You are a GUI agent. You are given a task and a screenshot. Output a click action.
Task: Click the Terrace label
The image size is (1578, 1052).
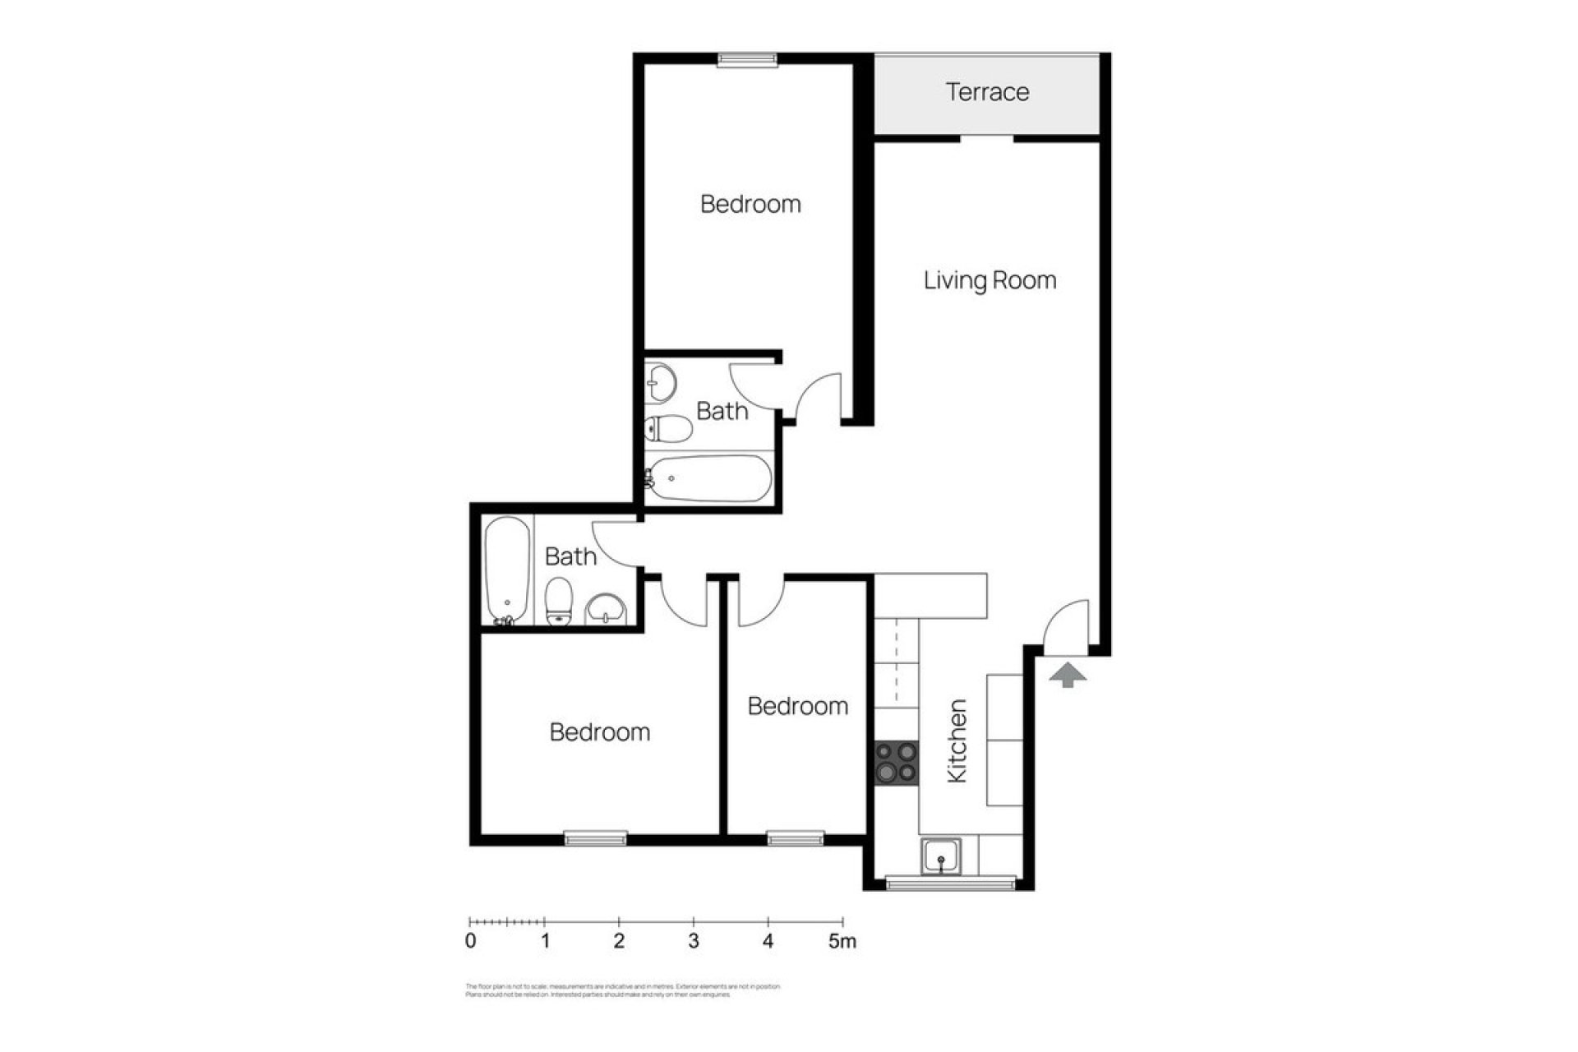click(986, 92)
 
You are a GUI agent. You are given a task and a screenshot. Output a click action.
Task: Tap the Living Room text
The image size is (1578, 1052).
click(990, 280)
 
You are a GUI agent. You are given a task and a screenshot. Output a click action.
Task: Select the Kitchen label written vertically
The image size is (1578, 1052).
click(957, 741)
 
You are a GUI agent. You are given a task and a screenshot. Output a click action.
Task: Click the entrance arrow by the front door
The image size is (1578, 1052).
click(1068, 676)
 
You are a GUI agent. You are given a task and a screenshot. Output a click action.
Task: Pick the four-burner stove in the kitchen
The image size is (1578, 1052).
click(896, 763)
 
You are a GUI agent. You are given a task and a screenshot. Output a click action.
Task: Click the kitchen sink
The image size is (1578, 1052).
click(941, 856)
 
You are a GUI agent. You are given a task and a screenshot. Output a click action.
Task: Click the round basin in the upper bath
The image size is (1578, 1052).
click(660, 381)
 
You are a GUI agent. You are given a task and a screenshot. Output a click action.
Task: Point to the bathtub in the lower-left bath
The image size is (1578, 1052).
click(506, 570)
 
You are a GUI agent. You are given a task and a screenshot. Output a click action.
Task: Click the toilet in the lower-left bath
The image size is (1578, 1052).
click(559, 601)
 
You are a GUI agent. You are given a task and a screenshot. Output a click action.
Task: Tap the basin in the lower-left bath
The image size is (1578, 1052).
click(606, 610)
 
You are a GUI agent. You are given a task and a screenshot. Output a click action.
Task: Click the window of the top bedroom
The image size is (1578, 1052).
click(746, 59)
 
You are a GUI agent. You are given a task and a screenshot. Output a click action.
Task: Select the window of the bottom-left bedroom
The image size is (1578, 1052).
click(595, 838)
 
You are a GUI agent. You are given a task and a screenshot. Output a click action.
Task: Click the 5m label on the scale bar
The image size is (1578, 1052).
click(842, 941)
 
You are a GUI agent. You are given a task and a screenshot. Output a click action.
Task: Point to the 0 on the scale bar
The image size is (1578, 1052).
click(470, 941)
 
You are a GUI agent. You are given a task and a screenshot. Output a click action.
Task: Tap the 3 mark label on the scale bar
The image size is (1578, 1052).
click(694, 941)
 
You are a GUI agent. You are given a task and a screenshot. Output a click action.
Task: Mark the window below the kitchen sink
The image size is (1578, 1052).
click(950, 884)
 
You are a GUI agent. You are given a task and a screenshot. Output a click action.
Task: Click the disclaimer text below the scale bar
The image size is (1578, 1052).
click(622, 990)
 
